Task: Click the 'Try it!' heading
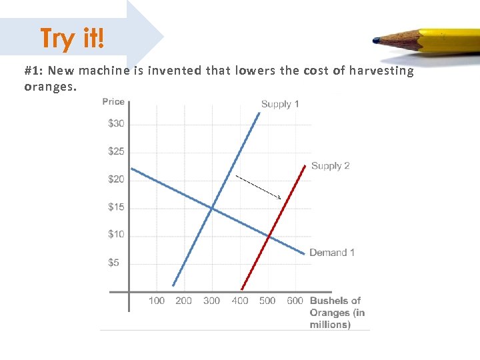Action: click(72, 38)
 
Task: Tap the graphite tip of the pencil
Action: click(377, 41)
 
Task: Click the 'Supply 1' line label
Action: click(280, 104)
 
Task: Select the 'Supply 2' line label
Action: click(330, 166)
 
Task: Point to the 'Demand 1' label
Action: click(332, 253)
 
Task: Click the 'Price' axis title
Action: click(113, 101)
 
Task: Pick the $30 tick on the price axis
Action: click(116, 123)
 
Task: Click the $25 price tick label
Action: click(116, 151)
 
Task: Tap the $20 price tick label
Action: click(116, 179)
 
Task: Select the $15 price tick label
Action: click(116, 207)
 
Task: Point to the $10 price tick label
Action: click(116, 235)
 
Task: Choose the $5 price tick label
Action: click(114, 263)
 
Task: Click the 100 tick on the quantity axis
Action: click(157, 301)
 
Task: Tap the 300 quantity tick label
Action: click(211, 301)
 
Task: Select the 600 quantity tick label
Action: click(295, 301)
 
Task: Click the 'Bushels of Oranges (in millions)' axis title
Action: click(337, 313)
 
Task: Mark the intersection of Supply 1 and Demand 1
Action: click(212, 209)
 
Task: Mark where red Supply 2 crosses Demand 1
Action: click(268, 235)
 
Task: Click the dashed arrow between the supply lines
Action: click(258, 187)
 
